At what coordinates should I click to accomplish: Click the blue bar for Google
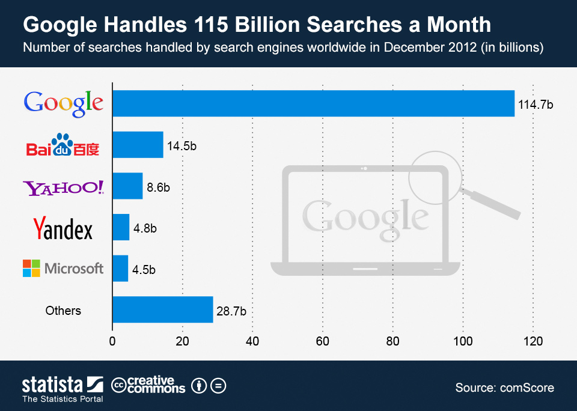point(313,103)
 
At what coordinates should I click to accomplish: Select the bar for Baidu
point(138,145)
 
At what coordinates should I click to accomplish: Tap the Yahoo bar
point(127,186)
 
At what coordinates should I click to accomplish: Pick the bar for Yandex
point(121,227)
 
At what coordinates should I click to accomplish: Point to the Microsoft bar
point(120,268)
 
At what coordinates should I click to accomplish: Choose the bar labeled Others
point(163,309)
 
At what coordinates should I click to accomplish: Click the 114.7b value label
point(535,105)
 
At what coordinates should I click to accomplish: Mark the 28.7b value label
point(232,311)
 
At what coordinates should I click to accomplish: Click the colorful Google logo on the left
point(63,103)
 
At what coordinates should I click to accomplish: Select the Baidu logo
point(63,145)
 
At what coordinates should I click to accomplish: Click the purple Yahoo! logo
point(63,187)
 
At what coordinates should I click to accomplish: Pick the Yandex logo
point(63,228)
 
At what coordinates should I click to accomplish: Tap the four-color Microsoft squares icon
point(31,268)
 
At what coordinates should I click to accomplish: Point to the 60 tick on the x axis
point(323,341)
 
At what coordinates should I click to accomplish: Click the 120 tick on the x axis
point(533,341)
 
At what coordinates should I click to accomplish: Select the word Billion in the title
point(263,25)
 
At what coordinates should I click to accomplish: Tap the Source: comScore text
point(504,388)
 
